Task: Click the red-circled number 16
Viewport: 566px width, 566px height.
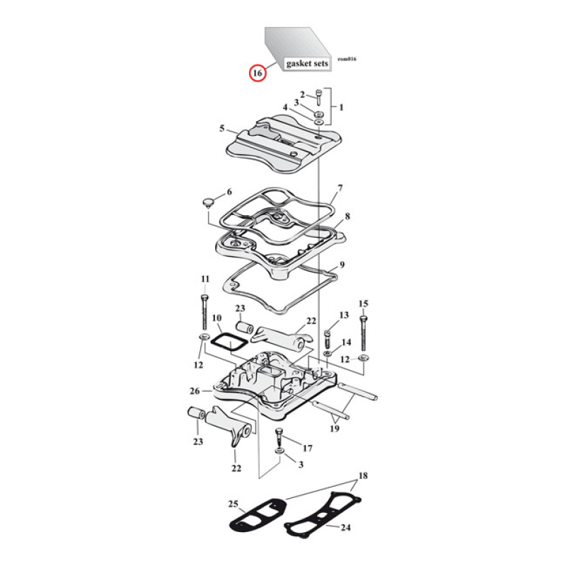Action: (x=258, y=72)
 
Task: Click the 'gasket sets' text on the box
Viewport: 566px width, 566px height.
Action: (x=307, y=64)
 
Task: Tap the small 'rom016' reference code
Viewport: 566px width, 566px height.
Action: (x=347, y=59)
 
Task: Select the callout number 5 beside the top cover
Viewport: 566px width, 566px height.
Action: (x=221, y=129)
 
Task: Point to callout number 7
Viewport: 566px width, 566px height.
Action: (x=340, y=188)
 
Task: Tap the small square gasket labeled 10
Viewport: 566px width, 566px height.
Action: (x=229, y=342)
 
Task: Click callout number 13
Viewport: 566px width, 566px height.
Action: (x=345, y=314)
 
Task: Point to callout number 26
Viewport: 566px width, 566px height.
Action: (x=195, y=391)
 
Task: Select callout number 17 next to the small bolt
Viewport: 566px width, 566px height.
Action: (x=307, y=448)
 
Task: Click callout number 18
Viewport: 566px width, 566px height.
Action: (x=363, y=476)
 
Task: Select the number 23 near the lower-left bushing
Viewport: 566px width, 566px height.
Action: (x=197, y=441)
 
